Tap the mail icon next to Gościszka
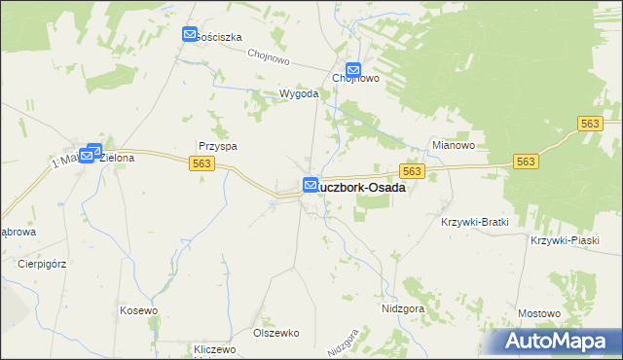(x=190, y=35)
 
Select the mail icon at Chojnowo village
(x=354, y=71)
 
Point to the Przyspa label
(x=218, y=146)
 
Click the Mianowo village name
(x=453, y=146)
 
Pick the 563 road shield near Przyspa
(x=202, y=163)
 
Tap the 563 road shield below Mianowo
(x=412, y=171)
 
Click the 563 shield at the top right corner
(x=590, y=124)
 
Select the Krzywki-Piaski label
(x=563, y=240)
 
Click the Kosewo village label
(x=138, y=309)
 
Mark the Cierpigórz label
(x=40, y=263)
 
